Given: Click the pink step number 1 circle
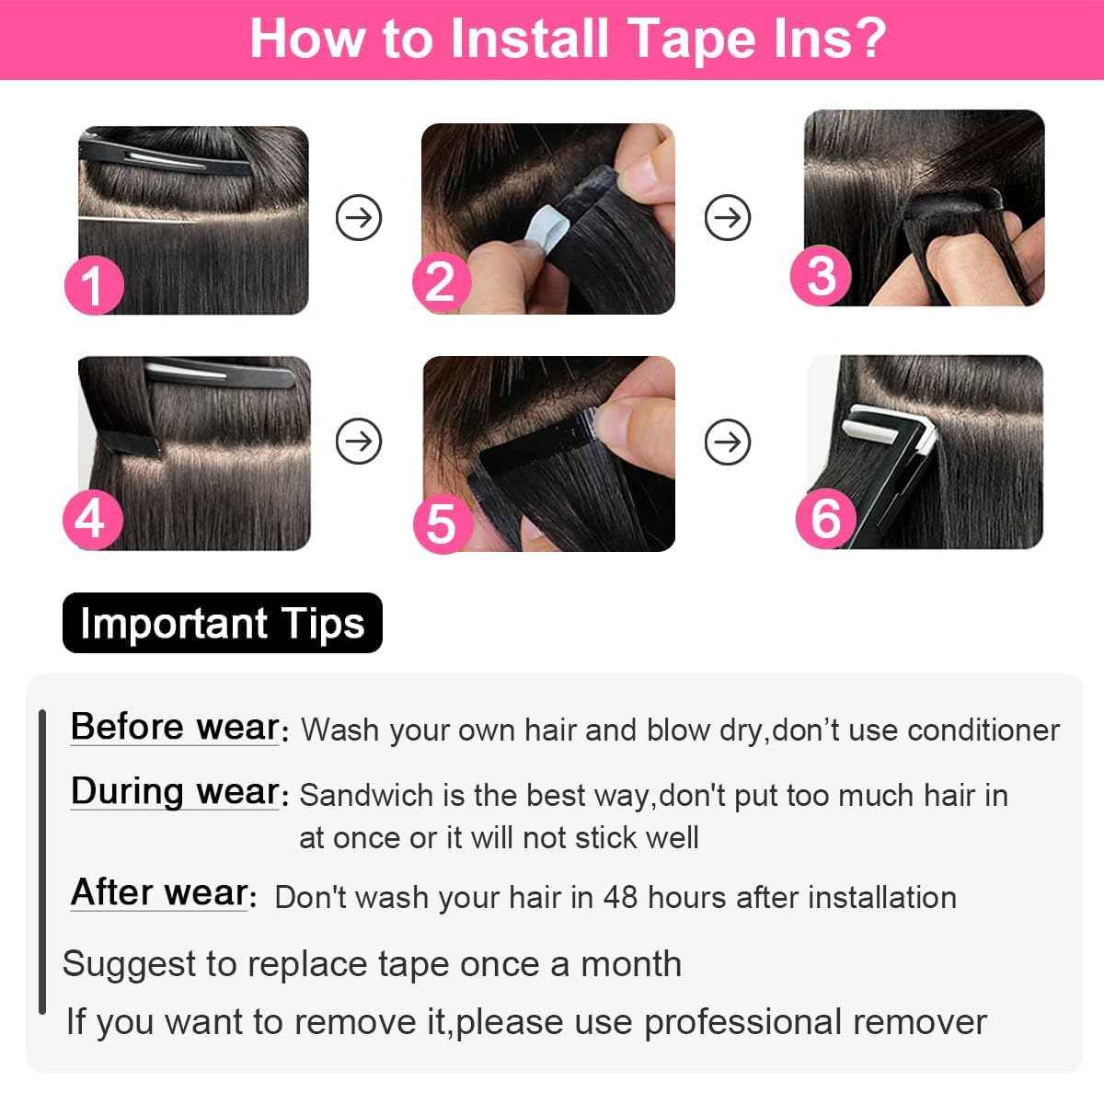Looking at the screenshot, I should coord(94,286).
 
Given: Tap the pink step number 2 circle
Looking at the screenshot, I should coord(441,282).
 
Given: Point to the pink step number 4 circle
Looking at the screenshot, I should coord(91,518).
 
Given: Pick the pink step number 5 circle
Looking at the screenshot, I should coord(443,523).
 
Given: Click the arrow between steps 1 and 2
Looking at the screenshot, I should coord(358,218).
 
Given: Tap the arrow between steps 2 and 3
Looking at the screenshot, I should coord(727,218).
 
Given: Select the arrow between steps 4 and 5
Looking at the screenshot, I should coord(358,443).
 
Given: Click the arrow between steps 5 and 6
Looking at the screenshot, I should coord(727,443).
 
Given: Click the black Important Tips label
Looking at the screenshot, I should coord(222,624).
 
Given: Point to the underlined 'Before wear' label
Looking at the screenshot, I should coord(175,727).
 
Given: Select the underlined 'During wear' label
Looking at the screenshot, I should coord(175,791).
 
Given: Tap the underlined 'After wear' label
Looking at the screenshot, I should coord(160,892).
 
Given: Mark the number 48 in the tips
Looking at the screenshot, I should coord(621,897).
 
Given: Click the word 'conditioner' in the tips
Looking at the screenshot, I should coord(983,730).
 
